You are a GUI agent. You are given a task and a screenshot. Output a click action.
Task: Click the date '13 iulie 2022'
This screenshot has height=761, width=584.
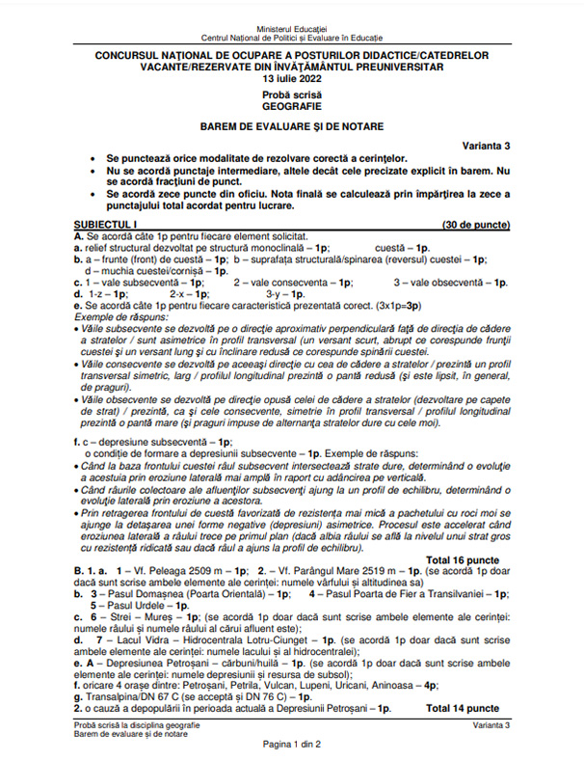tap(292, 78)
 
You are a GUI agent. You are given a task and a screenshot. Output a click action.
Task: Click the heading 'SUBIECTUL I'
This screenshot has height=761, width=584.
tap(106, 224)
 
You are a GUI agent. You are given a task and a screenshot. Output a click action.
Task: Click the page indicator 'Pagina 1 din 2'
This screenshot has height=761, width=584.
tap(292, 744)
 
